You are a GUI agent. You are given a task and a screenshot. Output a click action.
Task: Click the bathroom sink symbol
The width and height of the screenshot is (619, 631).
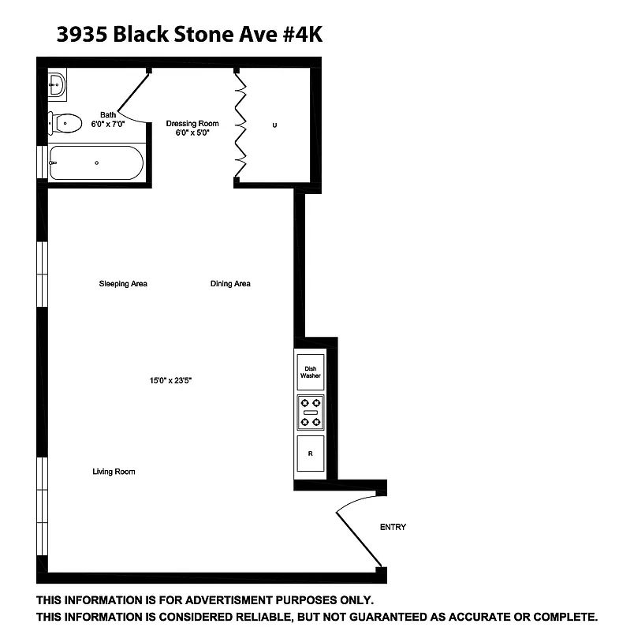click(x=57, y=84)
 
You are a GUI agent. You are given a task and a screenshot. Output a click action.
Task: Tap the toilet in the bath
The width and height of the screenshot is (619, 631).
click(x=65, y=122)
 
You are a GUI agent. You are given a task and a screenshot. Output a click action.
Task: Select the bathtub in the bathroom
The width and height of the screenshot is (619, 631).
click(x=95, y=163)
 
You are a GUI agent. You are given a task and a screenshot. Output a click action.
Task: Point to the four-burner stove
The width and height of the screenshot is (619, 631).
click(x=311, y=413)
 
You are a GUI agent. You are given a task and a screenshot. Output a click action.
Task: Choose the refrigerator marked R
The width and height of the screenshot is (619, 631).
click(x=310, y=454)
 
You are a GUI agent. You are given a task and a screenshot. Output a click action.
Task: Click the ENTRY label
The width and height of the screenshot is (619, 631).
click(x=393, y=527)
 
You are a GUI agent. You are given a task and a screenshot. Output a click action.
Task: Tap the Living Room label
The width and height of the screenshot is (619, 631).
click(x=114, y=472)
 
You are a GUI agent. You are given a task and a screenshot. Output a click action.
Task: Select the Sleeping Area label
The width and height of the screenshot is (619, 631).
click(x=123, y=284)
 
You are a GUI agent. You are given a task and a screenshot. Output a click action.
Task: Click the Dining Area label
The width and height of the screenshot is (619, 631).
click(x=230, y=284)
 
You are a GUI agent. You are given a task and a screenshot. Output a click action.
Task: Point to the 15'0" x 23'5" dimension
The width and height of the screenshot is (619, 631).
click(x=171, y=380)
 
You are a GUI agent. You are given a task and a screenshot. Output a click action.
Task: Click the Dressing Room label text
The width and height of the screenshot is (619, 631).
click(x=192, y=124)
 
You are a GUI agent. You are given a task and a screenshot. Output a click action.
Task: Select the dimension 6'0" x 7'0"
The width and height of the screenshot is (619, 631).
click(x=108, y=125)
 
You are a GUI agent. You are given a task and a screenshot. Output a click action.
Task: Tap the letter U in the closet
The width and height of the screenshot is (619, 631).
click(x=274, y=125)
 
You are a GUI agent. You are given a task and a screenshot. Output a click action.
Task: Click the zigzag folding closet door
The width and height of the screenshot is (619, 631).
click(x=242, y=126)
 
